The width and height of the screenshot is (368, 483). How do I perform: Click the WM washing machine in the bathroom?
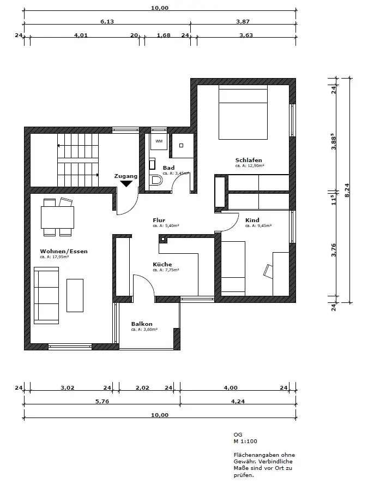point(159,141)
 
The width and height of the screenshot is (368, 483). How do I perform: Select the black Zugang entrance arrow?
point(126,183)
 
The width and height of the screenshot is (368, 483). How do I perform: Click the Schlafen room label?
point(249,160)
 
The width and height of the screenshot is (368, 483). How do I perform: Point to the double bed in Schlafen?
point(243,112)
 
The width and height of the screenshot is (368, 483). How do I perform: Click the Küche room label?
point(162,264)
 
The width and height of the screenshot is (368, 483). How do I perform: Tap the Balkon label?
point(142,324)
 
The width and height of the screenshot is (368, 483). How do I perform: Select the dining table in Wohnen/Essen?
point(58,217)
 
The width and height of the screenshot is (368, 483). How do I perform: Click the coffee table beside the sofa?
point(75,295)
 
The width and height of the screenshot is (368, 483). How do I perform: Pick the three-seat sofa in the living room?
point(46,295)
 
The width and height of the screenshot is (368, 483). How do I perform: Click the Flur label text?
point(159,220)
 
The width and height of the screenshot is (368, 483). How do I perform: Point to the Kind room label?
point(252,220)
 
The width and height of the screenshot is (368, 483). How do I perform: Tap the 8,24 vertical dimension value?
point(347,190)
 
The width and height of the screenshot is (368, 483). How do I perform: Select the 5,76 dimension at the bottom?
point(102,401)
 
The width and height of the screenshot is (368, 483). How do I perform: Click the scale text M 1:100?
point(245,441)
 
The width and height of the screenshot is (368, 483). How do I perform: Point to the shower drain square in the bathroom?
point(181,145)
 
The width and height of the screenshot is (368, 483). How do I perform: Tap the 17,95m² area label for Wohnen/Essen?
point(54,257)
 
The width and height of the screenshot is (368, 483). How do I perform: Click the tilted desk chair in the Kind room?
point(268,271)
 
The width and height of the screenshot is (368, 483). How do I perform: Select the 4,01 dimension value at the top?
point(81,35)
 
